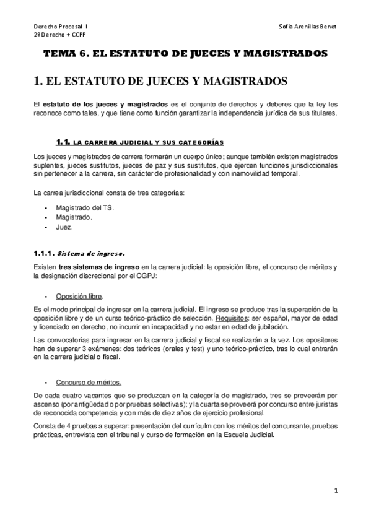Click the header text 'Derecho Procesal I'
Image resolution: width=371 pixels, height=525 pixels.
(60, 27)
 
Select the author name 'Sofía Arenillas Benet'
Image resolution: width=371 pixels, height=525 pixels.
(308, 27)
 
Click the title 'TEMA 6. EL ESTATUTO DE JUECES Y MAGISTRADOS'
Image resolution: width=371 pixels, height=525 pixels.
(185, 54)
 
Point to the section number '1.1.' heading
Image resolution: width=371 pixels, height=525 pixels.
(64, 142)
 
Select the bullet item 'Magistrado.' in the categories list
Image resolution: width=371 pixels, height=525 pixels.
(74, 217)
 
